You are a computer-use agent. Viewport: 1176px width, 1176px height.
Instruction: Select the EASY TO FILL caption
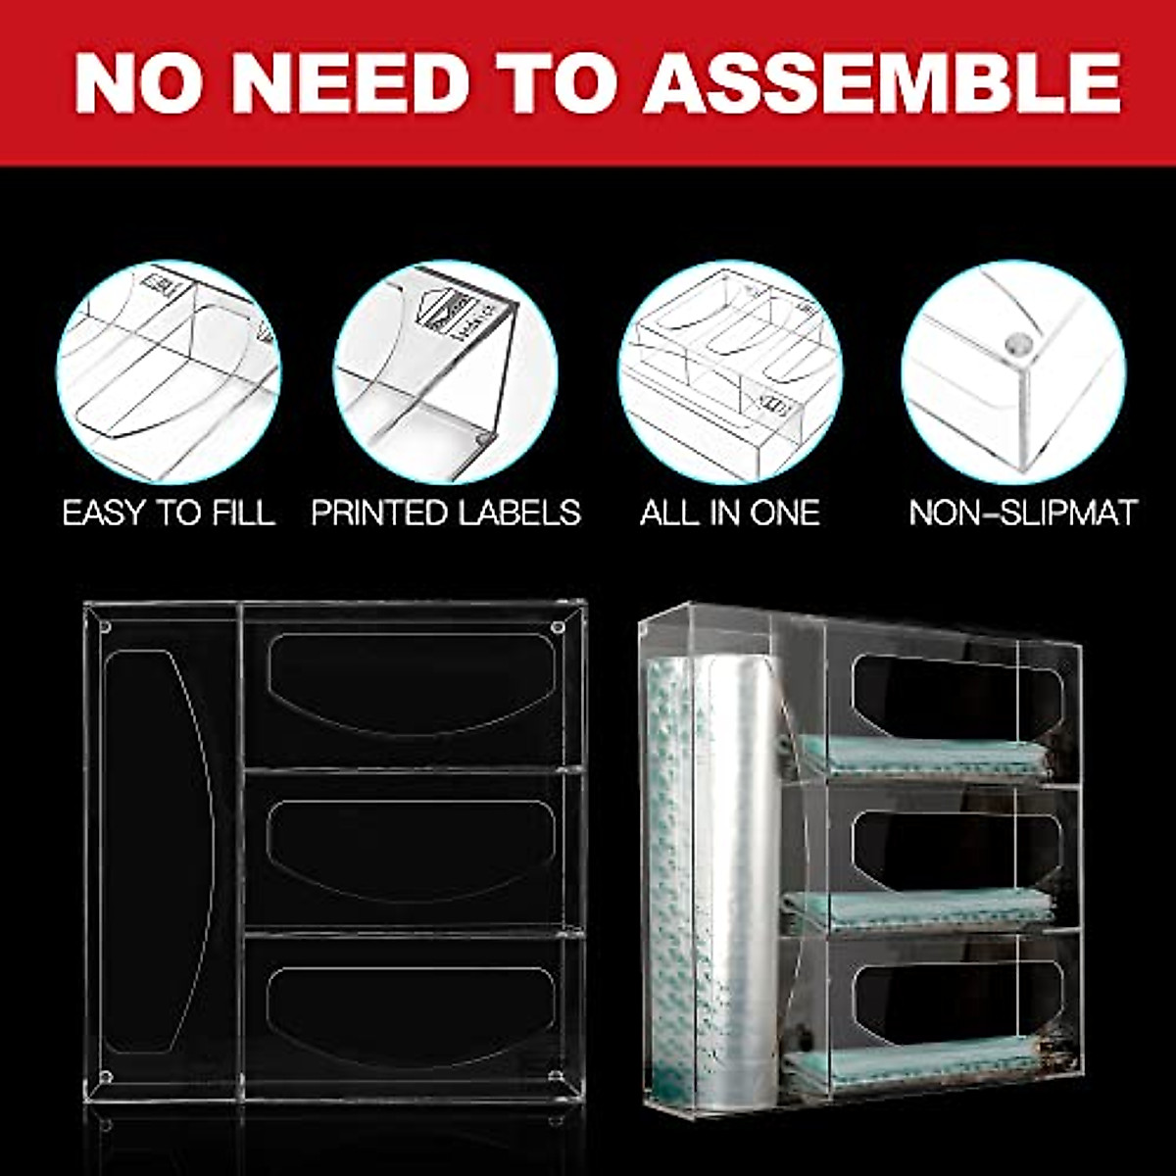[x=169, y=513]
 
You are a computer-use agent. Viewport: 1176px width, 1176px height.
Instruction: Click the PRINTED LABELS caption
[x=446, y=513]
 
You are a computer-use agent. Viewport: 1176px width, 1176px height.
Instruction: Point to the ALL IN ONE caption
[x=730, y=513]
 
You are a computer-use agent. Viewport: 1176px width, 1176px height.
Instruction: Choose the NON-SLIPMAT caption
[x=1023, y=513]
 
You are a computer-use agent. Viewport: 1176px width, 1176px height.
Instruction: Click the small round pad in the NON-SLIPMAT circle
[x=1016, y=344]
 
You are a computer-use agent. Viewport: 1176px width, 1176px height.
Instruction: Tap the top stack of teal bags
[x=921, y=758]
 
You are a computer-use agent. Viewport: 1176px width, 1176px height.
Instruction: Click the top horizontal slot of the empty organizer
[x=412, y=681]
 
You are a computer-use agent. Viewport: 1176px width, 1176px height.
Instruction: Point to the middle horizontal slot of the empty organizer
[x=412, y=848]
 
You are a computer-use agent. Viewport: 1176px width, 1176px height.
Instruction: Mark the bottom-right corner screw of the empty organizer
[x=558, y=1078]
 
